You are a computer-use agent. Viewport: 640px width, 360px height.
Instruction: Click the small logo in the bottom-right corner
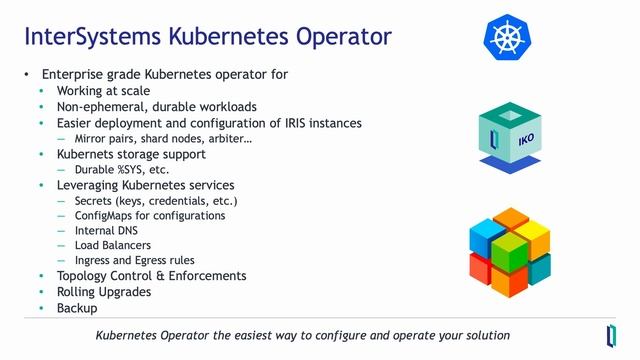(x=611, y=334)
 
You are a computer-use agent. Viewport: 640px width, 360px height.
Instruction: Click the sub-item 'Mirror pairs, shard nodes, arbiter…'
(x=163, y=139)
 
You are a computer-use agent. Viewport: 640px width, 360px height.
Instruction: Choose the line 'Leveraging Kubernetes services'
(x=145, y=185)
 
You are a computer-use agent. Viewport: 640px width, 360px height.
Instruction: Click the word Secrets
(x=96, y=201)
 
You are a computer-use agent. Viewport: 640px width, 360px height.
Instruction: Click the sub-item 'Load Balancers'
(x=112, y=246)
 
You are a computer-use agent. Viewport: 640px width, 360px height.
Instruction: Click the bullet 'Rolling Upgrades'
(x=104, y=292)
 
